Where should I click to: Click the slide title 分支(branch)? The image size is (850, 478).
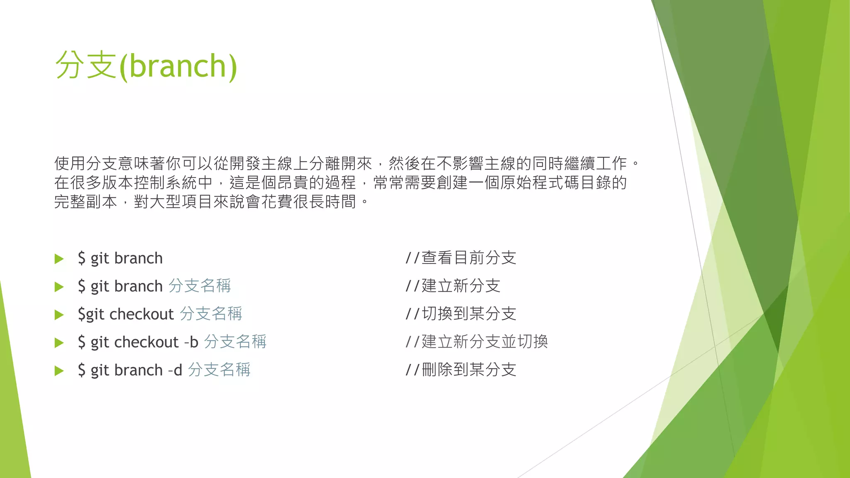coord(146,66)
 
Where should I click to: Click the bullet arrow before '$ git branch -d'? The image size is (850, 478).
coord(59,371)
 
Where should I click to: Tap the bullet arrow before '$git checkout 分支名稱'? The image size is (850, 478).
coord(59,315)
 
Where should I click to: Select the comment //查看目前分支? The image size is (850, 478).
coord(461,258)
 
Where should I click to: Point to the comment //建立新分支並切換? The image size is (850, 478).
coord(476,342)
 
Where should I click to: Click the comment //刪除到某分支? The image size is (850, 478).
coord(461,370)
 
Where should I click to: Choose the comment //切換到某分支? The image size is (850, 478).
coord(461,314)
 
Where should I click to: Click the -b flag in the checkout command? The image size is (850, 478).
coord(191,342)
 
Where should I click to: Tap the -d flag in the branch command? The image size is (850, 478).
coord(175,370)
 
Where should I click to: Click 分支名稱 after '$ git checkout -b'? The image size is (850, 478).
coord(235,342)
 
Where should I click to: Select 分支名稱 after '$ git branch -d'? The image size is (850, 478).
coord(219,370)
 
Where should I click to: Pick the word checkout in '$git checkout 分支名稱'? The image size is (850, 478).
coord(142,315)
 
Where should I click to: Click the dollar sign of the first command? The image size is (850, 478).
coord(81,259)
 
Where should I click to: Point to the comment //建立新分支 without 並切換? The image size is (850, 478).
coord(453,286)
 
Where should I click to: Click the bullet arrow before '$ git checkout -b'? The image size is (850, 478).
coord(59,343)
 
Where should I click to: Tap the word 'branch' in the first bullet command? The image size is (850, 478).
coord(138,259)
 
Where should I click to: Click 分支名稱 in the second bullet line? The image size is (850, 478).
coord(200,286)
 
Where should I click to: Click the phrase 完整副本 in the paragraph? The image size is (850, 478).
coord(85,202)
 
